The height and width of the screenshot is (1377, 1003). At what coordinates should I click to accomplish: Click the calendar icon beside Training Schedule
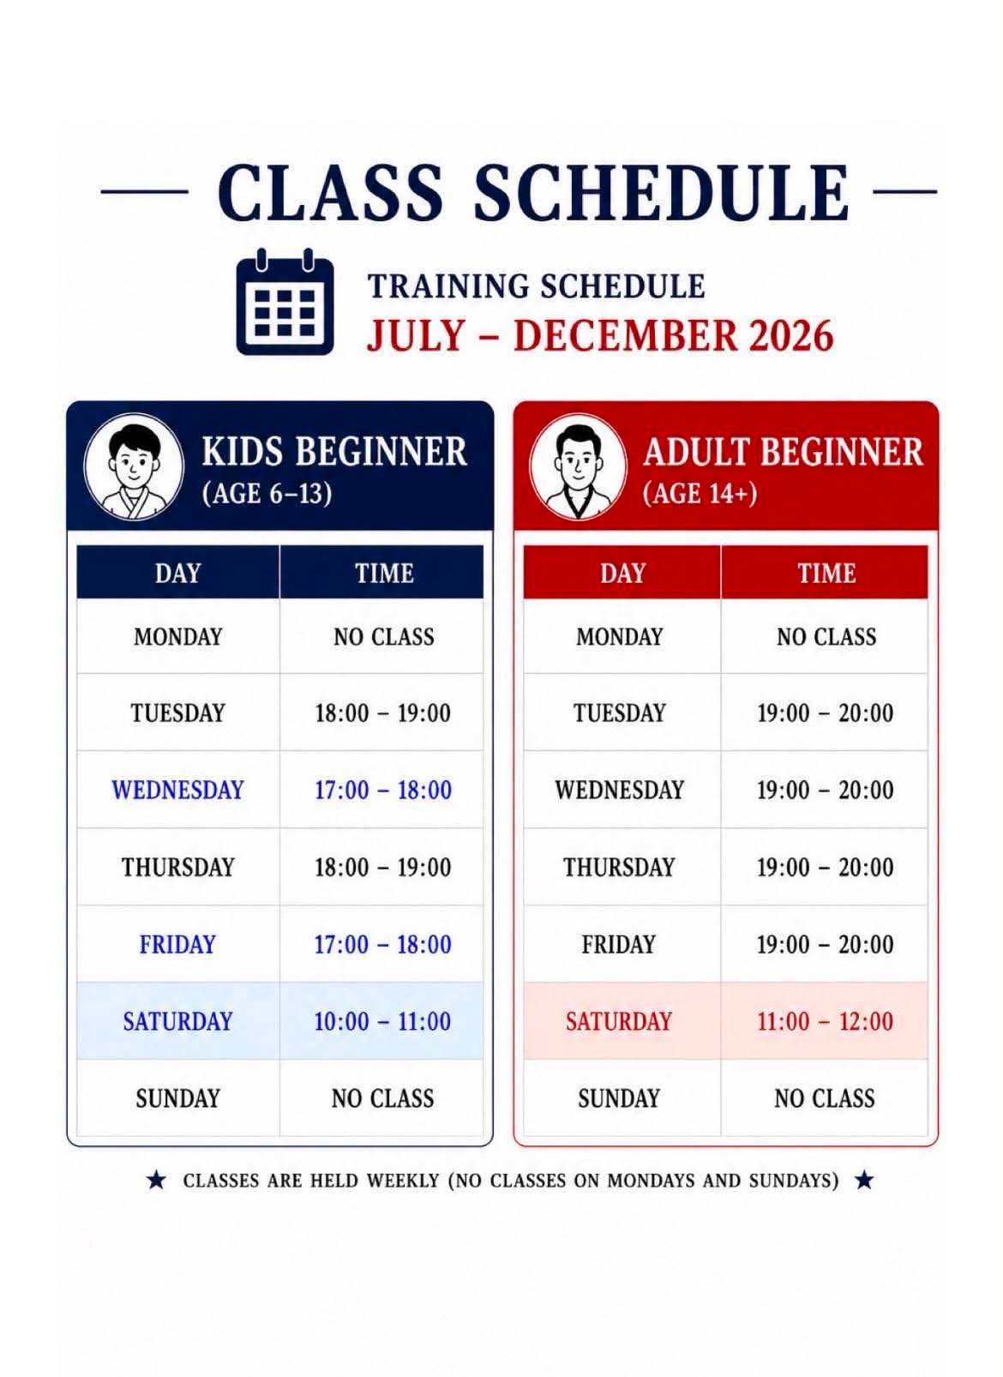(285, 301)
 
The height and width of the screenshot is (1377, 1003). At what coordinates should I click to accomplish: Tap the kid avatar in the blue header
(134, 466)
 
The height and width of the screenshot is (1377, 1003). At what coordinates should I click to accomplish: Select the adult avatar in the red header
(578, 466)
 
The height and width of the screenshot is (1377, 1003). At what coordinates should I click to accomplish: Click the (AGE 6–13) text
(267, 493)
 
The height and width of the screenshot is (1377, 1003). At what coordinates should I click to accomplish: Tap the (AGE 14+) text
(700, 493)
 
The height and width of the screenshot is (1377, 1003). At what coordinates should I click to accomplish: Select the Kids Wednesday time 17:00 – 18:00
(383, 790)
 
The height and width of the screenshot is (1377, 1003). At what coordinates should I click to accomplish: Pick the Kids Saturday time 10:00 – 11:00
(382, 1021)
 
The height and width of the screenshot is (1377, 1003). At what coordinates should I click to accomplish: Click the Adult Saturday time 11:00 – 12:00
(825, 1021)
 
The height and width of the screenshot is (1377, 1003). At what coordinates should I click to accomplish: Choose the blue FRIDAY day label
(177, 944)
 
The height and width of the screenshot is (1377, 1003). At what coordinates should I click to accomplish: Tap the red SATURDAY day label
(619, 1021)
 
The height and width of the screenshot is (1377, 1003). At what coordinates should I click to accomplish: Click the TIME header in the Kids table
(384, 573)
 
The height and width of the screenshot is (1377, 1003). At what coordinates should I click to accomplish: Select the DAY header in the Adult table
(622, 573)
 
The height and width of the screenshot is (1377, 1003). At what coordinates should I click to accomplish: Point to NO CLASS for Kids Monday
(384, 636)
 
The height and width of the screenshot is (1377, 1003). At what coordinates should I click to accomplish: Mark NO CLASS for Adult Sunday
(825, 1097)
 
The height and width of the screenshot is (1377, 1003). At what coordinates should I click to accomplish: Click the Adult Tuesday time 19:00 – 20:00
(825, 713)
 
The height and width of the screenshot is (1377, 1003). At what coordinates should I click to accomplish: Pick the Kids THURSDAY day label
(177, 868)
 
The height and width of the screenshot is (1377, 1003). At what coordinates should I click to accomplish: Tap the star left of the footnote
(157, 1180)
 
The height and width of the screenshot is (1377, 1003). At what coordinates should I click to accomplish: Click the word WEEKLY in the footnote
(403, 1181)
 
